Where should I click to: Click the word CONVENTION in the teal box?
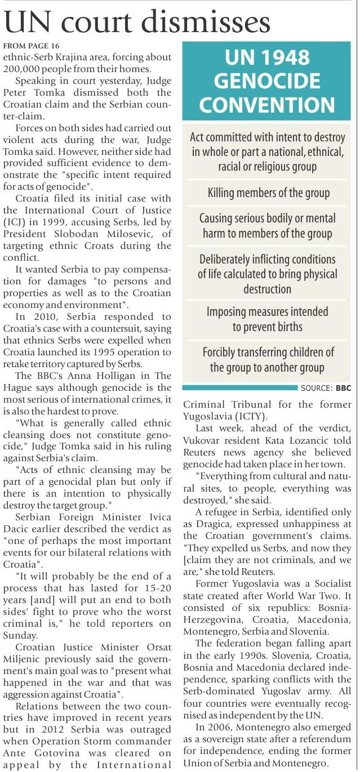[x=268, y=104]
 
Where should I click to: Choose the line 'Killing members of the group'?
[x=268, y=193]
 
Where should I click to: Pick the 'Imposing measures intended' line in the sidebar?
[x=268, y=311]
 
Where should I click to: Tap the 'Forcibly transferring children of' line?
[x=268, y=352]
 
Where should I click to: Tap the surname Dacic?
[x=19, y=530]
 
